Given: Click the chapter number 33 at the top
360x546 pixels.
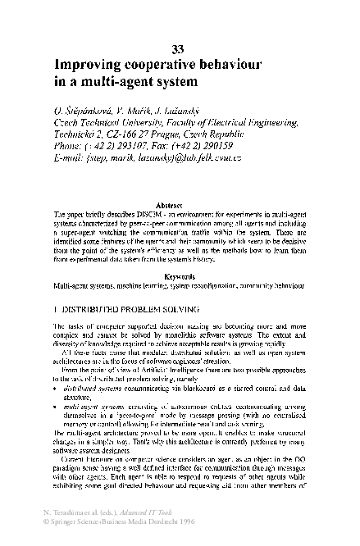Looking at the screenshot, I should (x=179, y=47).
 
